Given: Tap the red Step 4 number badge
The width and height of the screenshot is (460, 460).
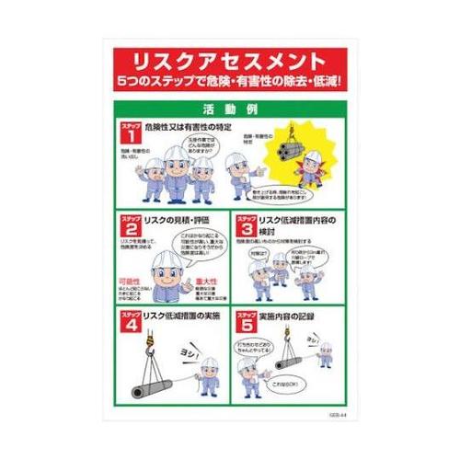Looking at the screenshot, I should tap(128, 323).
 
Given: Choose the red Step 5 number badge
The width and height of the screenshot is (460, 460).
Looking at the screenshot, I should tap(246, 323).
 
